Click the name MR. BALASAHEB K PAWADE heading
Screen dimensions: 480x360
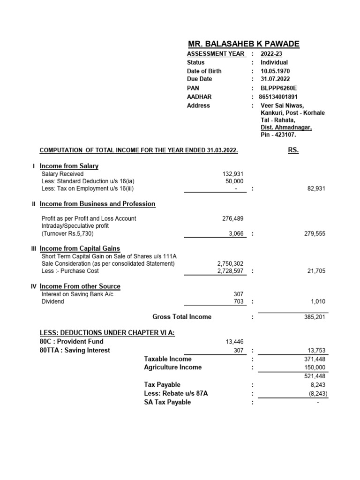pyautogui.click(x=243, y=44)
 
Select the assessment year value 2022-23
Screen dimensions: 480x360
pyautogui.click(x=271, y=53)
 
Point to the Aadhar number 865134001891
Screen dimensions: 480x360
pyautogui.click(x=278, y=97)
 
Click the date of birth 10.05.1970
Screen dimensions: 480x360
pyautogui.click(x=275, y=71)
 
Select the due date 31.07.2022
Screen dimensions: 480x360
pyautogui.click(x=275, y=79)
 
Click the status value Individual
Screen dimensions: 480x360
pyautogui.click(x=274, y=62)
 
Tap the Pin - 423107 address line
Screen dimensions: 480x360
pyautogui.click(x=278, y=135)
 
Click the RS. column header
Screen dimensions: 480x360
pyautogui.click(x=292, y=150)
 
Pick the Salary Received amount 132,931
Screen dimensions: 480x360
pyautogui.click(x=233, y=174)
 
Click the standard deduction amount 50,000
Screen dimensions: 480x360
pyautogui.click(x=234, y=181)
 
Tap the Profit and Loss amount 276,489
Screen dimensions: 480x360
pyautogui.click(x=233, y=218)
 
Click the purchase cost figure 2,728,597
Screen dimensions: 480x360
pyautogui.click(x=230, y=271)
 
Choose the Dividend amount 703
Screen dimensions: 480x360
pyautogui.click(x=239, y=301)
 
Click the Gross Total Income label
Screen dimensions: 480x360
pyautogui.click(x=182, y=317)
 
